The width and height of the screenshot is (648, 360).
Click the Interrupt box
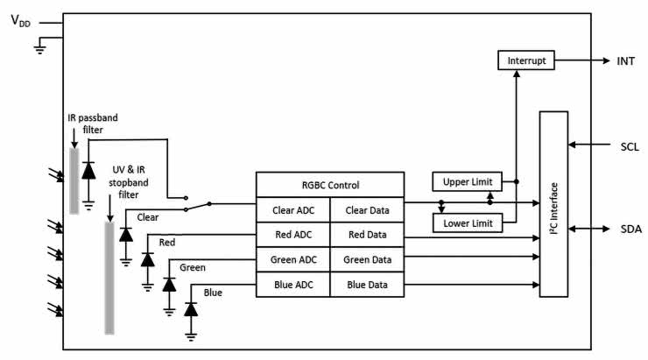527,61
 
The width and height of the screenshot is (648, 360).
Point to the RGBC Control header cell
329,185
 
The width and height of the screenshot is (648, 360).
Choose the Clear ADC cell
292,210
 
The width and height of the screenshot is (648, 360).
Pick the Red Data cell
367,234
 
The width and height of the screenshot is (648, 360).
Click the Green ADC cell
292,259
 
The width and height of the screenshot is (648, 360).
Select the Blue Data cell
367,284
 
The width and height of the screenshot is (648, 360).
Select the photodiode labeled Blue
190,309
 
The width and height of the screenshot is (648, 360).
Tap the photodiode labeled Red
147,260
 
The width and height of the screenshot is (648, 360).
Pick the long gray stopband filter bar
109,278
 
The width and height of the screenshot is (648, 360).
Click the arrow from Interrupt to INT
583,61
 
